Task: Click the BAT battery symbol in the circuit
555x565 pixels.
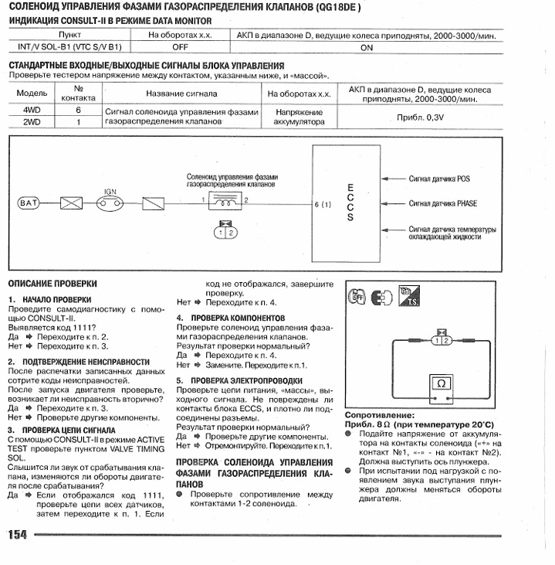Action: pyautogui.click(x=28, y=203)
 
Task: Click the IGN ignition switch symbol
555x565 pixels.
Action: pyautogui.click(x=112, y=203)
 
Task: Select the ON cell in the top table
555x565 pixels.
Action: pyautogui.click(x=367, y=47)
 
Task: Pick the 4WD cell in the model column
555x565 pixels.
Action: pyautogui.click(x=32, y=111)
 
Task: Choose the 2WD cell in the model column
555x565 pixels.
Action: pyautogui.click(x=32, y=122)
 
